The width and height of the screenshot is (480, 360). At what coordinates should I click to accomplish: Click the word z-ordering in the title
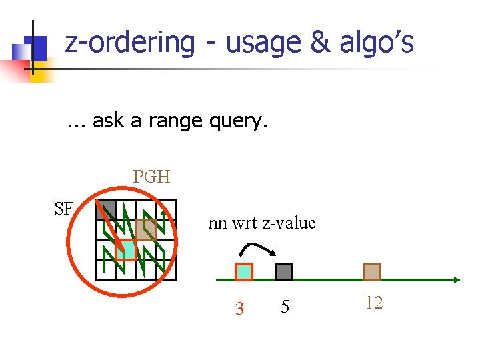[130, 43]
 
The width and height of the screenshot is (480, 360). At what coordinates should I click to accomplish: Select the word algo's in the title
[377, 43]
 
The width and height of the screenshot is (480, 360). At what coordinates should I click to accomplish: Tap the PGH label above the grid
[151, 177]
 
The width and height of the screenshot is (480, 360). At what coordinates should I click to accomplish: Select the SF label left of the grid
[64, 209]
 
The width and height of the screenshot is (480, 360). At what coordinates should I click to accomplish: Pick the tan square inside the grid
[146, 229]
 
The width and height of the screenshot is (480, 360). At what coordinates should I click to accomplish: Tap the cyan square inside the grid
[125, 249]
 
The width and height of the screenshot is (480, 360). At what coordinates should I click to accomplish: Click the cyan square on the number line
[244, 271]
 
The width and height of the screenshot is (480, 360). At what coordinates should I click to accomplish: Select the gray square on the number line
[284, 271]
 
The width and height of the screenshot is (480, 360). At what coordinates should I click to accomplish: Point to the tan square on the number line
[372, 271]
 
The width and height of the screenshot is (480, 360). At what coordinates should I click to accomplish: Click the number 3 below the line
[240, 308]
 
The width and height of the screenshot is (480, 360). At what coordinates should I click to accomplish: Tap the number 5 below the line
[285, 307]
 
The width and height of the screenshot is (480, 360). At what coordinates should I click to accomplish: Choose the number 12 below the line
[374, 303]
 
